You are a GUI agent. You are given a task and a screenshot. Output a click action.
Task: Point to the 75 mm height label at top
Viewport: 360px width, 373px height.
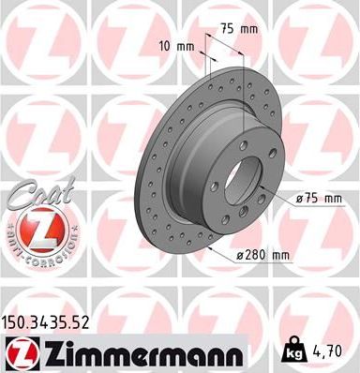237,29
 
